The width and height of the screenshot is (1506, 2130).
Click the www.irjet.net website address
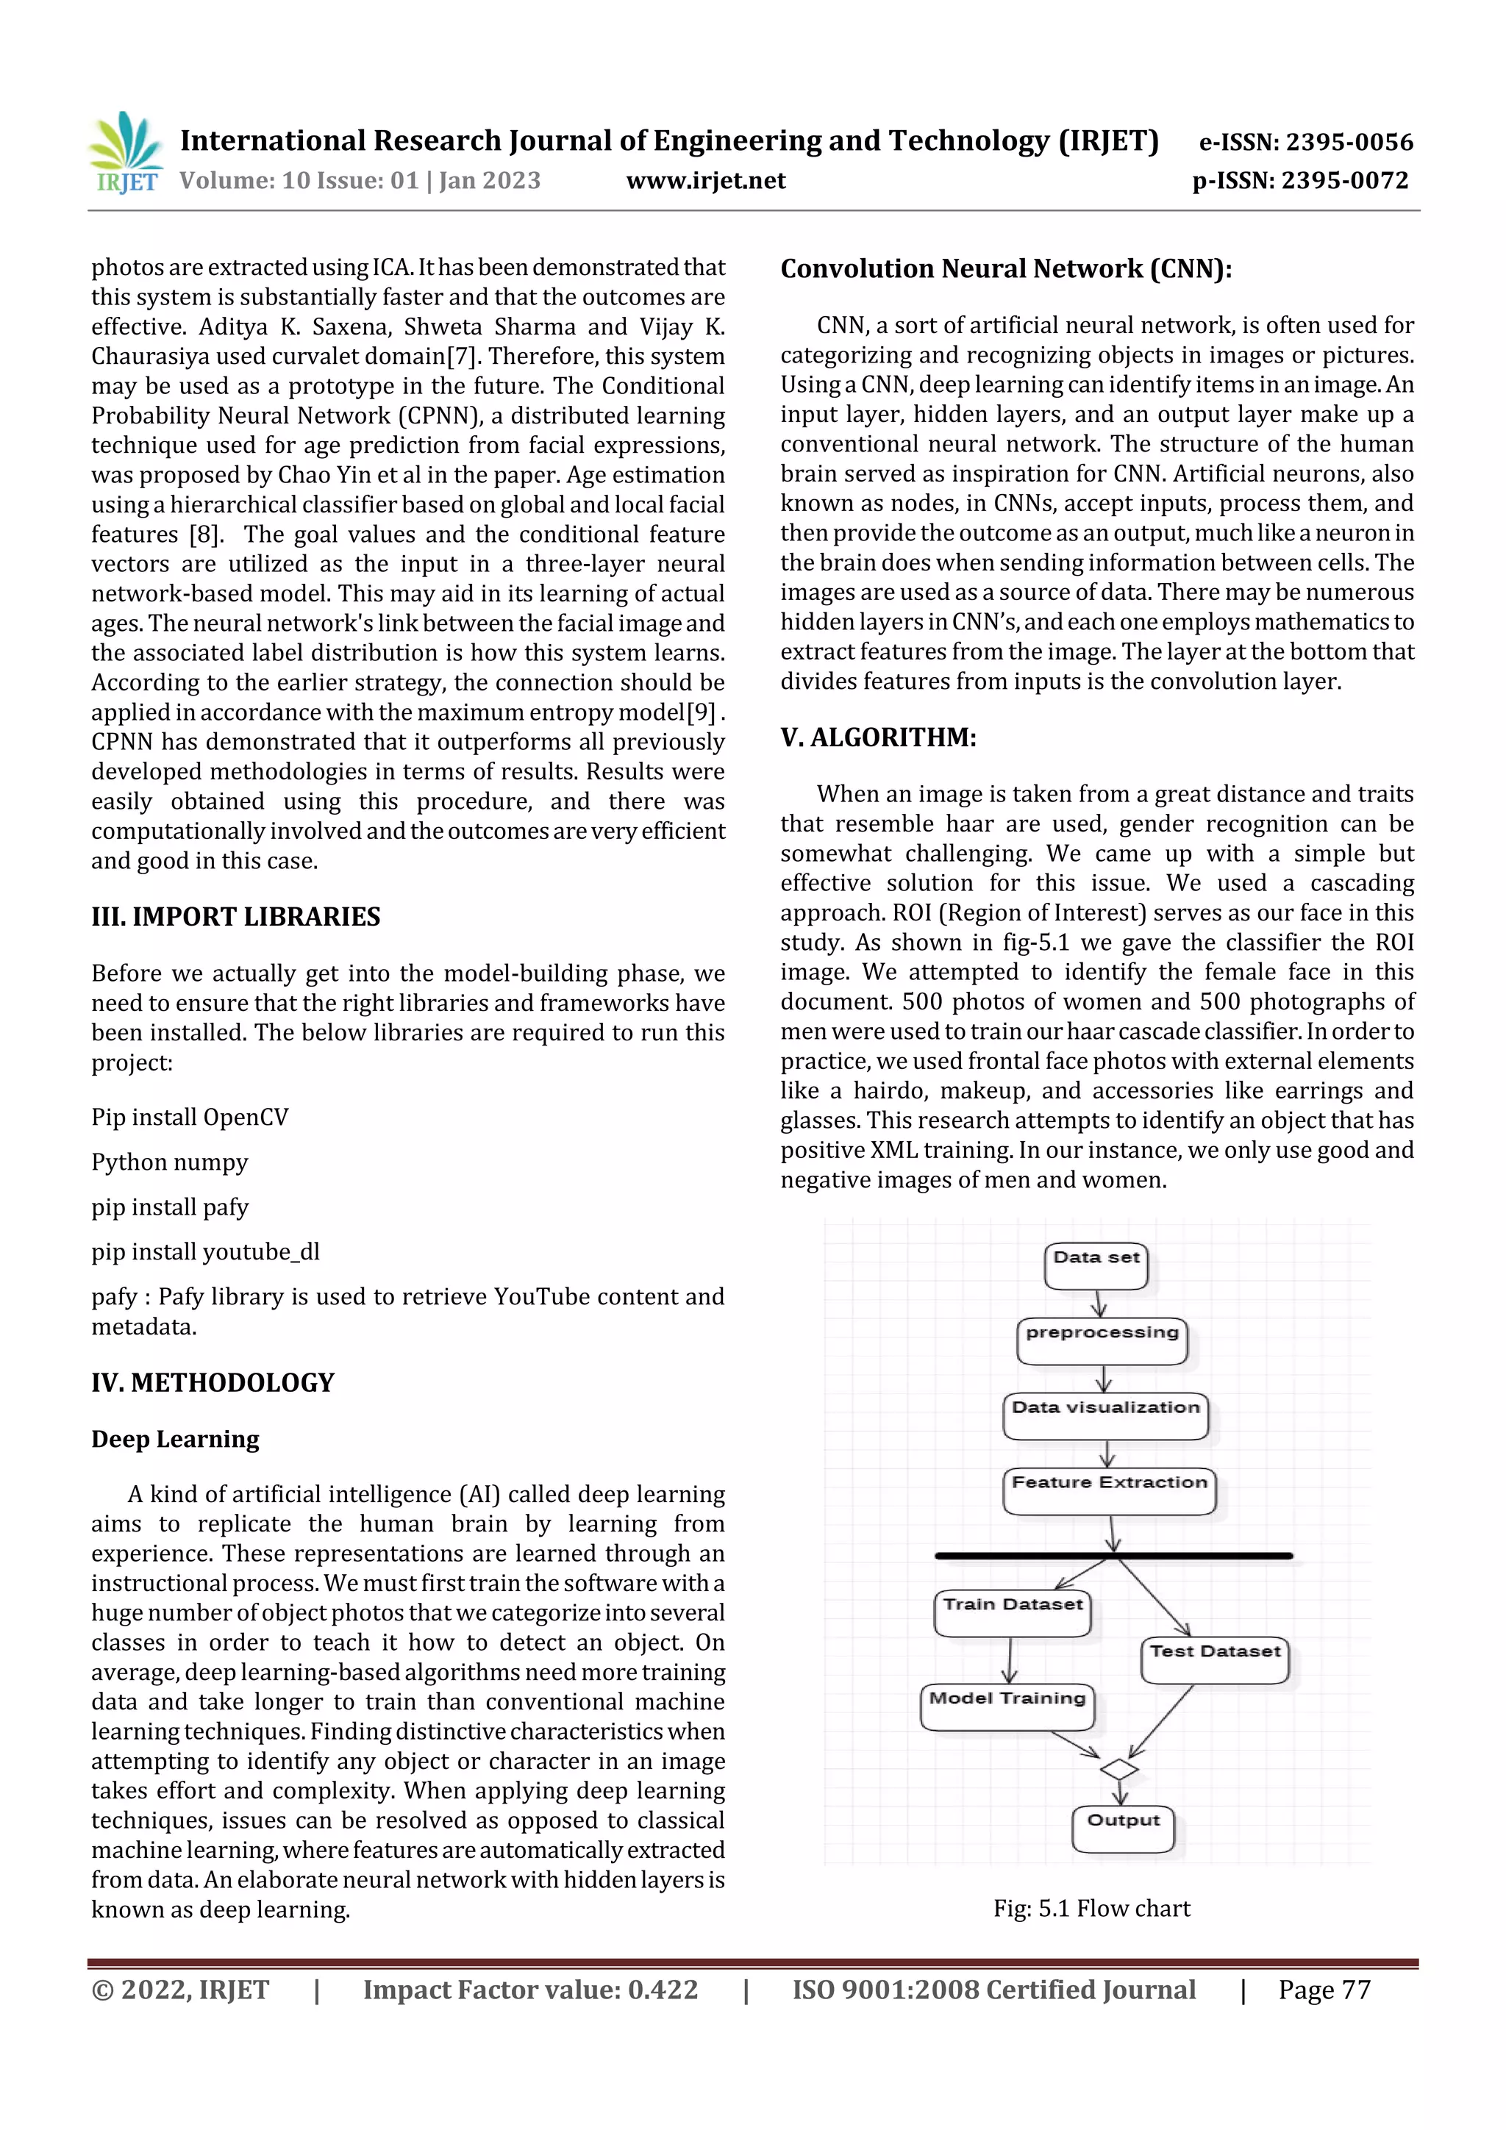(705, 180)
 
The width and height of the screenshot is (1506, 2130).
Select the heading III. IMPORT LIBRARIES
(236, 917)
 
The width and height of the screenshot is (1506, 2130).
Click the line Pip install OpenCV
(190, 1117)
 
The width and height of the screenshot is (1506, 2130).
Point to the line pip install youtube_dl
(205, 1251)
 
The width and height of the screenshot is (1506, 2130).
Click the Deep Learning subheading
(175, 1439)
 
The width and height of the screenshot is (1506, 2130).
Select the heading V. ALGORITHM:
(878, 737)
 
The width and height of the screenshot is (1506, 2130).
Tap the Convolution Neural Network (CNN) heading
(1006, 269)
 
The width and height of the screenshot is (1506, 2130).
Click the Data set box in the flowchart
(1096, 1266)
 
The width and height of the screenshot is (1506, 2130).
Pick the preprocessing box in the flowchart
(1102, 1340)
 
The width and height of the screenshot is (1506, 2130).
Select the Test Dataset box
(1215, 1659)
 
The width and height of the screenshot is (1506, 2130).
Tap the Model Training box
(1007, 1706)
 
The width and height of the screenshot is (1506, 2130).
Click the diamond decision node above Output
(1119, 1770)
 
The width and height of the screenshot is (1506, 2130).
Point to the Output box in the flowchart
(1123, 1829)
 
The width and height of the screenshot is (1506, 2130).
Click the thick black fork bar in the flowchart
(1113, 1556)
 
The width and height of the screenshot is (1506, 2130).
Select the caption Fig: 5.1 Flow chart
(1091, 1908)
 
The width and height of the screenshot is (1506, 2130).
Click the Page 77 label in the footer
(1324, 1990)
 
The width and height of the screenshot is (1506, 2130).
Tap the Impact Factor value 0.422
(530, 1990)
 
